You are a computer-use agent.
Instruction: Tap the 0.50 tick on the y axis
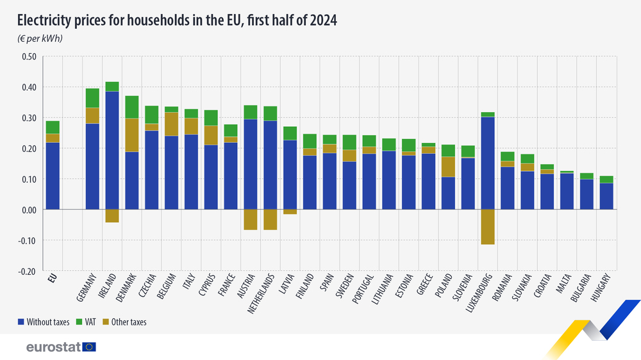click(28, 56)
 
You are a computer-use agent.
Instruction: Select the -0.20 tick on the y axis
click(27, 271)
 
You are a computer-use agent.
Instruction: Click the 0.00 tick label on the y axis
click(28, 210)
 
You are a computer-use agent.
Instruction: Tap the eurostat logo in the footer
click(61, 347)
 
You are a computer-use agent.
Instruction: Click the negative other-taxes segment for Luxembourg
click(488, 227)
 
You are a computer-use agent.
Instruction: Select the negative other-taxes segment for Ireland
click(112, 216)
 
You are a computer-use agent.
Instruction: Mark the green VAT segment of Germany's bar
click(92, 98)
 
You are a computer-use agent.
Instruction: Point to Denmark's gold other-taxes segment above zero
click(132, 135)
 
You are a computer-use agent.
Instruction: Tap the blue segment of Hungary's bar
click(606, 196)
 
